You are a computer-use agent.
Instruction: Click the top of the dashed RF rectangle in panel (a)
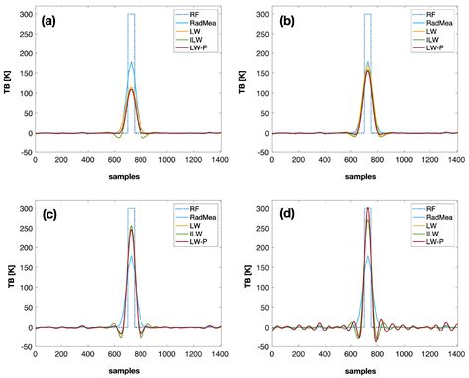(x=132, y=15)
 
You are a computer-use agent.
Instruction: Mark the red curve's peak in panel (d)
(x=367, y=209)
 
